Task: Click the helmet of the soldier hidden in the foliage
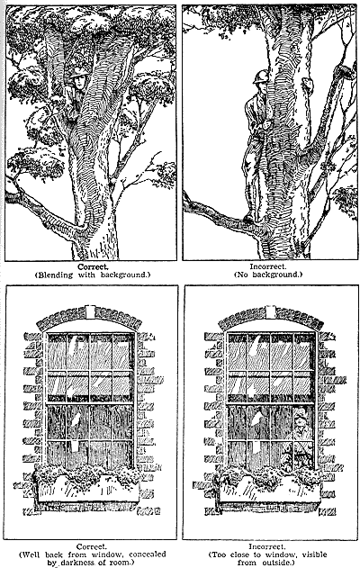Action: point(78,72)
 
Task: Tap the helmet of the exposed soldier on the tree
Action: point(261,77)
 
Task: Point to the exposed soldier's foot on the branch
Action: point(248,218)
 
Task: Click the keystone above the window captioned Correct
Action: point(91,311)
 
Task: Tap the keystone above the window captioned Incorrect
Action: point(270,311)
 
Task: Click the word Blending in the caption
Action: point(55,275)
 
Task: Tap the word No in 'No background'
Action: point(242,275)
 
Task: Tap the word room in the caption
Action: point(122,563)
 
